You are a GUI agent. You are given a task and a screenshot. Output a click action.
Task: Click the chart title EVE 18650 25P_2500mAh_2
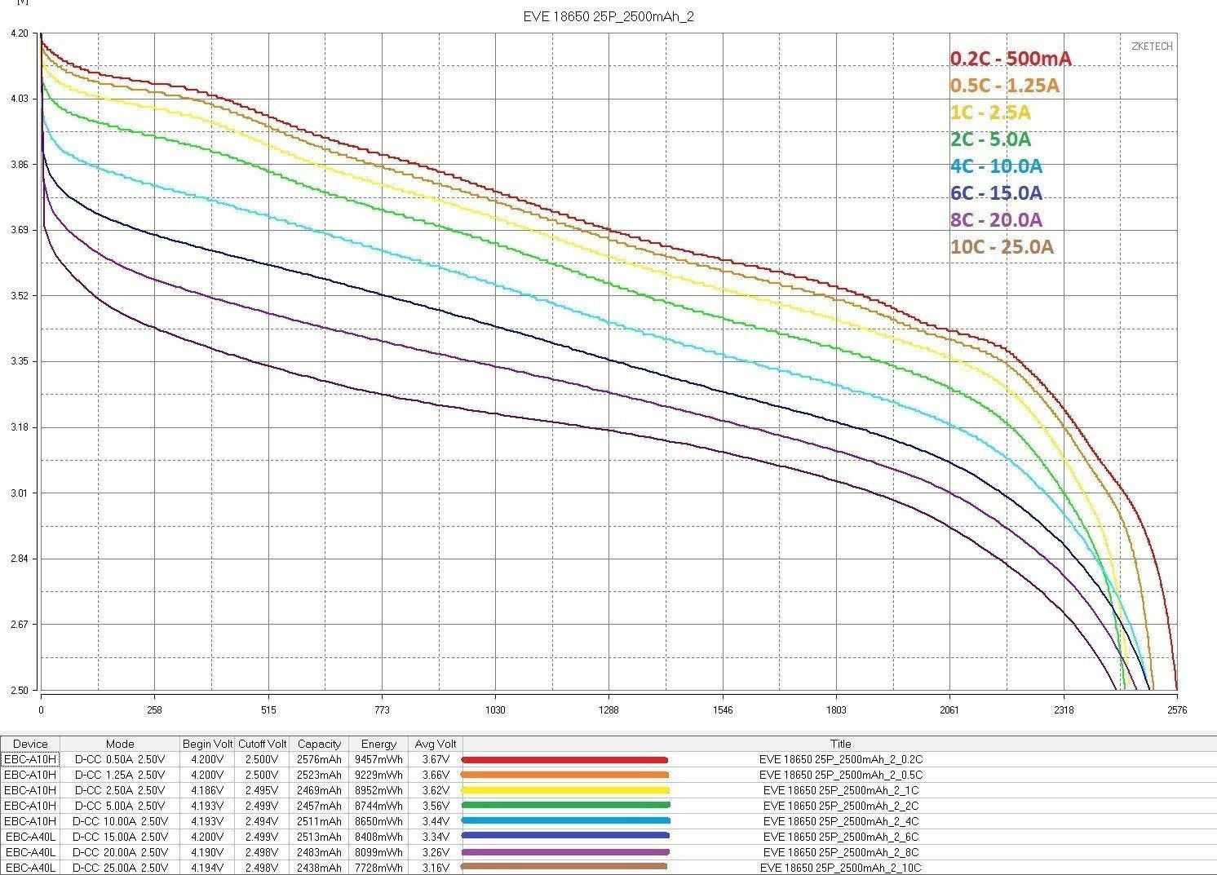(x=608, y=16)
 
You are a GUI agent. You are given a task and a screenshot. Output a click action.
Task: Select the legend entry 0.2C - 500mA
(x=1011, y=59)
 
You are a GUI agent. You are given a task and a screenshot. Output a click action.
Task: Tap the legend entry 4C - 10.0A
(x=996, y=166)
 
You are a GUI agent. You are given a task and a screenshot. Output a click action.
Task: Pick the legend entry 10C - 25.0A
(x=1002, y=247)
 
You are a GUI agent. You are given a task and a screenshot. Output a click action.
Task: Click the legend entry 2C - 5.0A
(x=990, y=139)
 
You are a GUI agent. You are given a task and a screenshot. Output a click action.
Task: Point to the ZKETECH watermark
(x=1152, y=46)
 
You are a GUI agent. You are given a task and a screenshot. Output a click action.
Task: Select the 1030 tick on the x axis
(x=495, y=710)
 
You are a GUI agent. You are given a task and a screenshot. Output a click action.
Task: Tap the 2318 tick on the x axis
(x=1063, y=710)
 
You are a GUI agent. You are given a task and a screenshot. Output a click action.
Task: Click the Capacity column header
(x=319, y=744)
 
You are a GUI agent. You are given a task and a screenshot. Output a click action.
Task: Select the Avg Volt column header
(x=436, y=744)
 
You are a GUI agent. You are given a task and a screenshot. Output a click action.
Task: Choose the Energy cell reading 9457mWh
(x=378, y=759)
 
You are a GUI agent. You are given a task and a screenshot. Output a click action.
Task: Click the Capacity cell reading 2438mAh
(x=319, y=868)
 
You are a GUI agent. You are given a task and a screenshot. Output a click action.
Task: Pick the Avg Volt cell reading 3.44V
(x=436, y=821)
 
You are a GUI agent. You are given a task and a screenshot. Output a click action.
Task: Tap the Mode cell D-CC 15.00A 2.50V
(x=120, y=837)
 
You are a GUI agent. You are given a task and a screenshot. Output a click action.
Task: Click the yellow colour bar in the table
(x=565, y=790)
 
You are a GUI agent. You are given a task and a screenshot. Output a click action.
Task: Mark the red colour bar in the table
(x=565, y=759)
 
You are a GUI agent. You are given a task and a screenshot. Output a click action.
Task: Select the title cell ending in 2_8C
(x=841, y=852)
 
